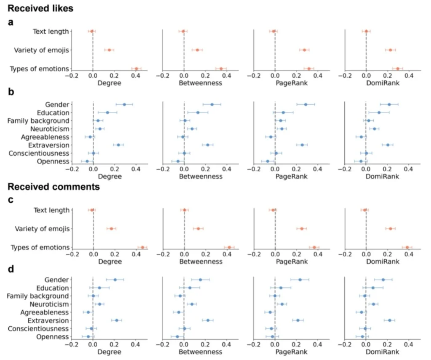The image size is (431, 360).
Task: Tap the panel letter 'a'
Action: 11,22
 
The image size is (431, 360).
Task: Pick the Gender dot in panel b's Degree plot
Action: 124,104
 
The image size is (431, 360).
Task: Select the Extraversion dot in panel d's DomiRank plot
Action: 389,320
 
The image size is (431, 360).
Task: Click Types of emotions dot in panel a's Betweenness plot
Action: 221,69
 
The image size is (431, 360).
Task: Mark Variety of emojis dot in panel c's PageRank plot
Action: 301,229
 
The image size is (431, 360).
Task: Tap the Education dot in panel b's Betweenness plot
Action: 198,113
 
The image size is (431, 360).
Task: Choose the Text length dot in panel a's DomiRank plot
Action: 366,31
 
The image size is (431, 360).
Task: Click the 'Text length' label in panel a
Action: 51,31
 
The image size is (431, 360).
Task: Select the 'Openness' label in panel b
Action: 53,161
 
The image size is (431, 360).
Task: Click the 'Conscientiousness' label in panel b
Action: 39,154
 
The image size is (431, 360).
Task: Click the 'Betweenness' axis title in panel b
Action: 201,176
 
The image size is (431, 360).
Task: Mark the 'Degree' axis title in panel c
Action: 109,262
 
